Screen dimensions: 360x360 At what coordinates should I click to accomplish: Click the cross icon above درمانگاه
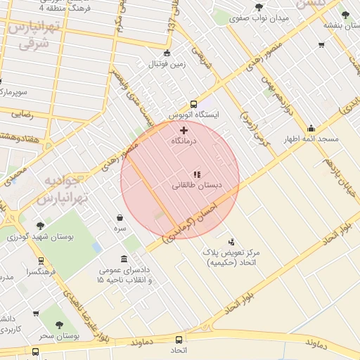[x=184, y=130]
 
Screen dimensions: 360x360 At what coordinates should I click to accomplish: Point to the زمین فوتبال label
[x=167, y=65]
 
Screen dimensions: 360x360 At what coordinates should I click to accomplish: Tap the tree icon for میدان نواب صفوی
[x=259, y=7]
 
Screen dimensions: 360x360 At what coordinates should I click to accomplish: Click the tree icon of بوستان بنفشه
[x=344, y=14]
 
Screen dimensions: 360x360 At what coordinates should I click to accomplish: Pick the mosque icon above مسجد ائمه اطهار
[x=311, y=129]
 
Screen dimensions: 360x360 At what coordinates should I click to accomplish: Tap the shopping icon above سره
[x=120, y=218]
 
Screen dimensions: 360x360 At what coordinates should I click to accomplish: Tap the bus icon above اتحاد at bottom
[x=178, y=339]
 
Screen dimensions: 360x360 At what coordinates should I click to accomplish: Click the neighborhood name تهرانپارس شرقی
[x=30, y=36]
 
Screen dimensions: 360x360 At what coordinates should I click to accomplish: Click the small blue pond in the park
[x=96, y=247]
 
